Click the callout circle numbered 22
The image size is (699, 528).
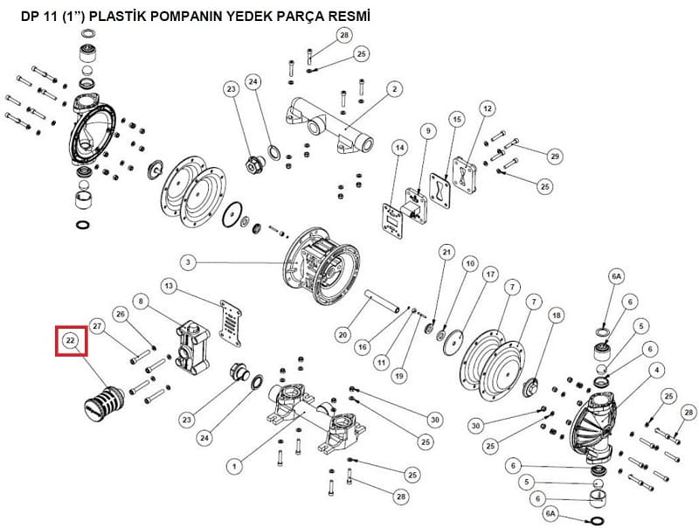pos(71,341)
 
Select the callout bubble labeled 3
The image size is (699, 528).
pos(188,262)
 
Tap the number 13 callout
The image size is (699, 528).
pos(169,286)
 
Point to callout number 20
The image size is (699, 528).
pos(343,335)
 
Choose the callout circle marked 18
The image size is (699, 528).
pos(557,316)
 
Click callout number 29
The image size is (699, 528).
pos(555,156)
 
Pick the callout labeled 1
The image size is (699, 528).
pos(234,467)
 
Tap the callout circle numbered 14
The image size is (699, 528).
pos(400,148)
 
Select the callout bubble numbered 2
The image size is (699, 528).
pos(395,89)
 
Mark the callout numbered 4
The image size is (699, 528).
pos(657,370)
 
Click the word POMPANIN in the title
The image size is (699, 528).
pos(185,17)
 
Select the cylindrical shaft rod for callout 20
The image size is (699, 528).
pos(383,302)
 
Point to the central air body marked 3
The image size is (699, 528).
pos(322,266)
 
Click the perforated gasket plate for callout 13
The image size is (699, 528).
pos(231,323)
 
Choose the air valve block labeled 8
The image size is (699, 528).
pos(193,349)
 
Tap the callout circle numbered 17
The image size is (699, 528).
pos(490,274)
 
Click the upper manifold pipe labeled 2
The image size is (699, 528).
pos(329,125)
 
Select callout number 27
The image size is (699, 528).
pos(97,326)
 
